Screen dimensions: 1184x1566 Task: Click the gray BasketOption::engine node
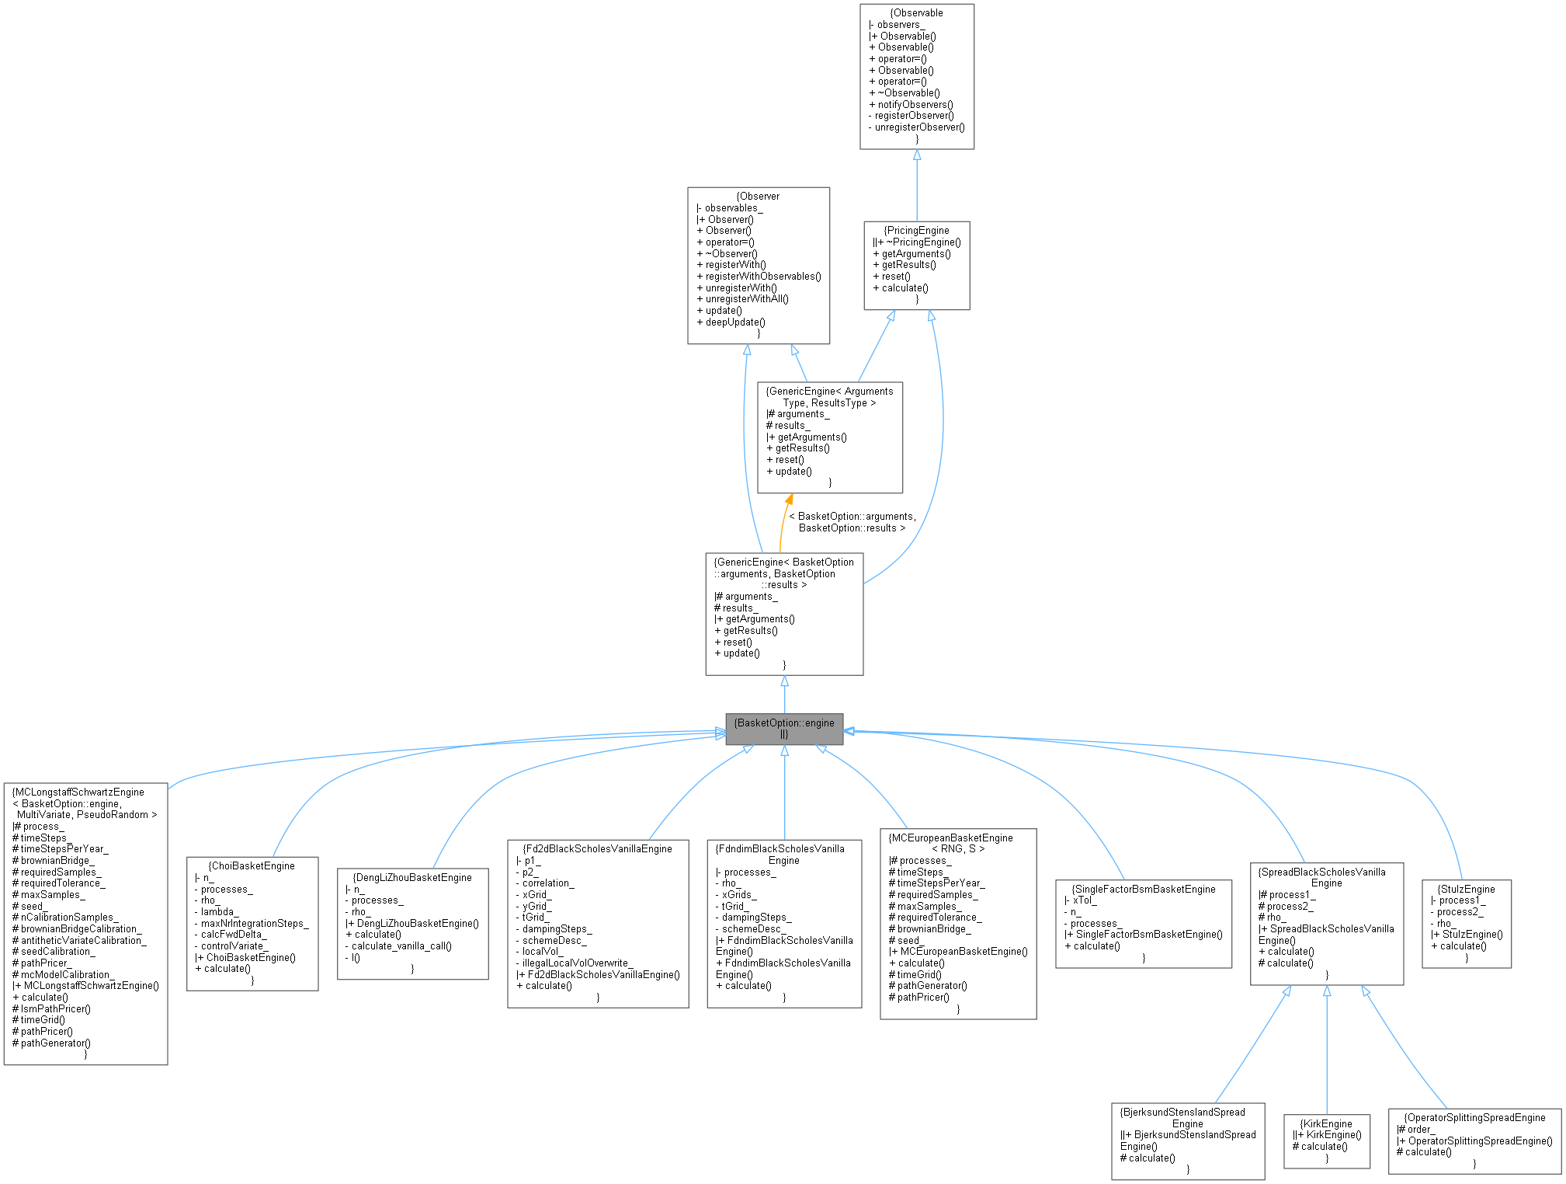[x=784, y=729]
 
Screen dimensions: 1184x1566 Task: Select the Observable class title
[x=917, y=13]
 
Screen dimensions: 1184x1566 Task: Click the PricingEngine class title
[x=917, y=231]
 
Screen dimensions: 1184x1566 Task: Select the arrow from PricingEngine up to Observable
[x=917, y=186]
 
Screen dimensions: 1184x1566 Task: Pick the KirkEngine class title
[x=1327, y=1123]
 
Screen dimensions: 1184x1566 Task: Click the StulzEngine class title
[x=1467, y=889]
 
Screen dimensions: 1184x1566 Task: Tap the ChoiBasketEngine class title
[x=252, y=865]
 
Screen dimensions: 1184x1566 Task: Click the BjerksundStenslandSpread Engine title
[x=1188, y=1118]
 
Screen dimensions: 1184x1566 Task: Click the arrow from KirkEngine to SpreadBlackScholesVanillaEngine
[x=1327, y=1049]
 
